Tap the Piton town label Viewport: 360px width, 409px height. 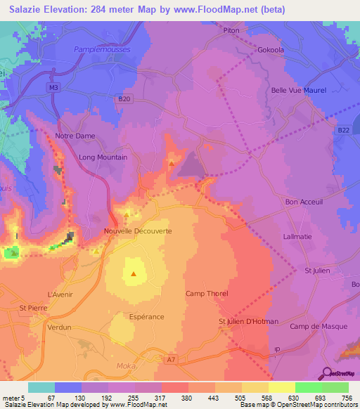(231, 31)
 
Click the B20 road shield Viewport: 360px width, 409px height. (124, 99)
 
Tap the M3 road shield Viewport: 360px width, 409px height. (54, 87)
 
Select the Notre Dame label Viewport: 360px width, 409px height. (75, 136)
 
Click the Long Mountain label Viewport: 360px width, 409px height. (103, 157)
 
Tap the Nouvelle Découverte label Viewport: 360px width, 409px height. (138, 231)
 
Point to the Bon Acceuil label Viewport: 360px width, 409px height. (303, 202)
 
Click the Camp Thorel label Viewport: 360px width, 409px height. (207, 293)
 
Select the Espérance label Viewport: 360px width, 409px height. (146, 317)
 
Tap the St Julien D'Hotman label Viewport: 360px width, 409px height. (248, 322)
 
